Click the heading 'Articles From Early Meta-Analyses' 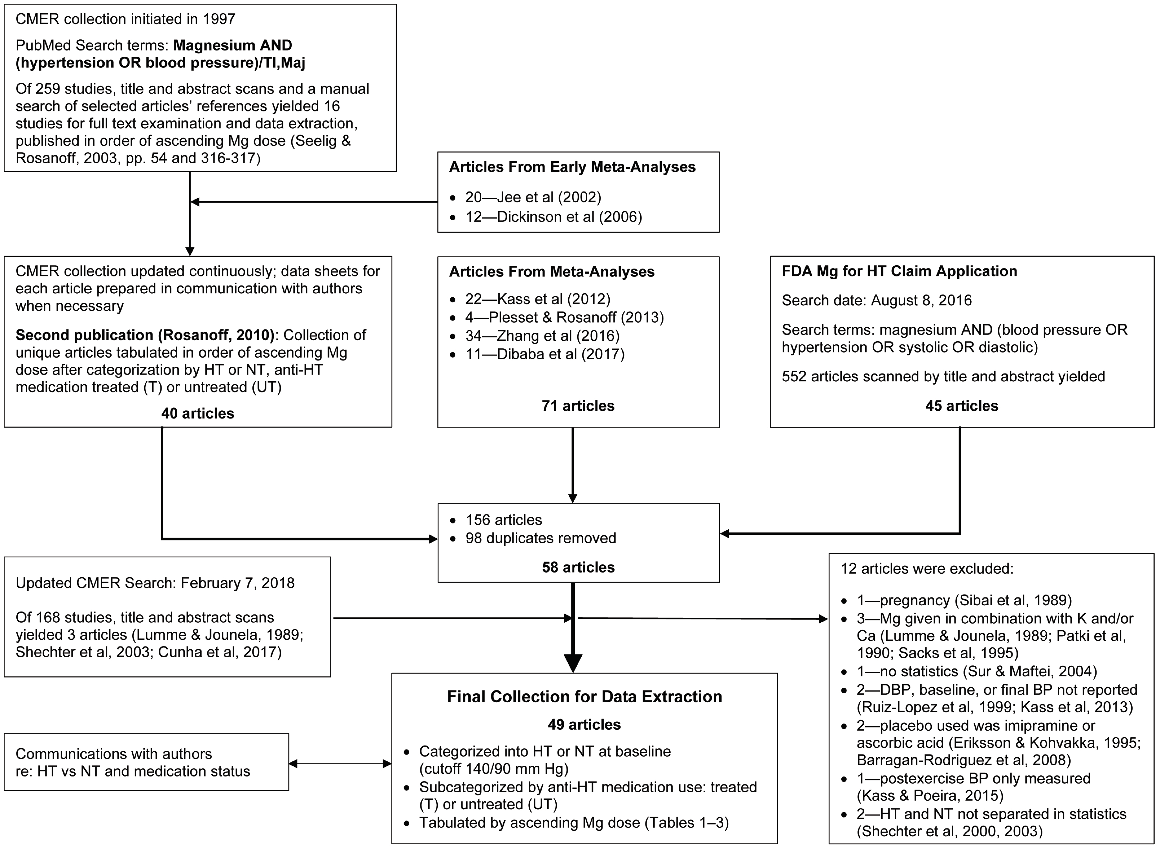[572, 167]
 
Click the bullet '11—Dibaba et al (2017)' [544, 354]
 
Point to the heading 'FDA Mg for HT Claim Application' [899, 271]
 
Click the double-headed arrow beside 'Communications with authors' [340, 764]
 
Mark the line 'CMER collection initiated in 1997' [125, 19]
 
